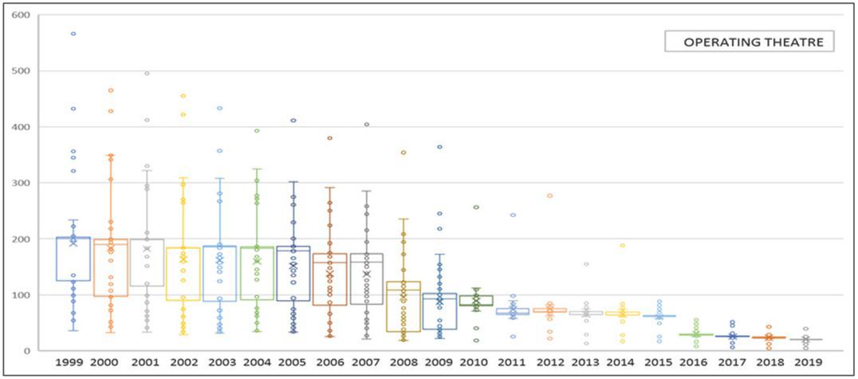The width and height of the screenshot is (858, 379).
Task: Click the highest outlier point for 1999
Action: tap(73, 34)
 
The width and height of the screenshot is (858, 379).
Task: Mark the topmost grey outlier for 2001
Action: tap(147, 73)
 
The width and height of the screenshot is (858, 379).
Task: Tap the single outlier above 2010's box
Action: tap(476, 207)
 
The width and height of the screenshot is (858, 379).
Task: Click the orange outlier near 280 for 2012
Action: tap(549, 195)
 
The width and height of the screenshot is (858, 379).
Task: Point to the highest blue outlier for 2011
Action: tap(513, 215)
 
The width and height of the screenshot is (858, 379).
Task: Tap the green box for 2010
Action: tap(476, 301)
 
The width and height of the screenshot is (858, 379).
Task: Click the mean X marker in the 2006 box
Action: tap(329, 274)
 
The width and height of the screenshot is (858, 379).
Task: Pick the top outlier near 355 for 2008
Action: tap(403, 152)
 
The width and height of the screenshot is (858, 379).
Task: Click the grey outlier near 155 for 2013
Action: tap(586, 264)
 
